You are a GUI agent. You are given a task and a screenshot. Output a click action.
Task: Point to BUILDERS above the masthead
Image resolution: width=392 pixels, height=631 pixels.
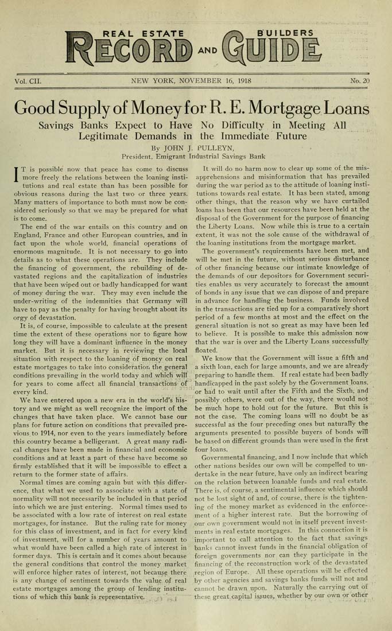[286, 32]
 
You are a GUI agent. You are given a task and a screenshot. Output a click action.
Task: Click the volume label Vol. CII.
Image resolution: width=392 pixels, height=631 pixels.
[29, 81]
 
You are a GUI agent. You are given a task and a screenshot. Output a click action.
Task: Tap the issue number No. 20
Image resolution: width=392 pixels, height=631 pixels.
[360, 81]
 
